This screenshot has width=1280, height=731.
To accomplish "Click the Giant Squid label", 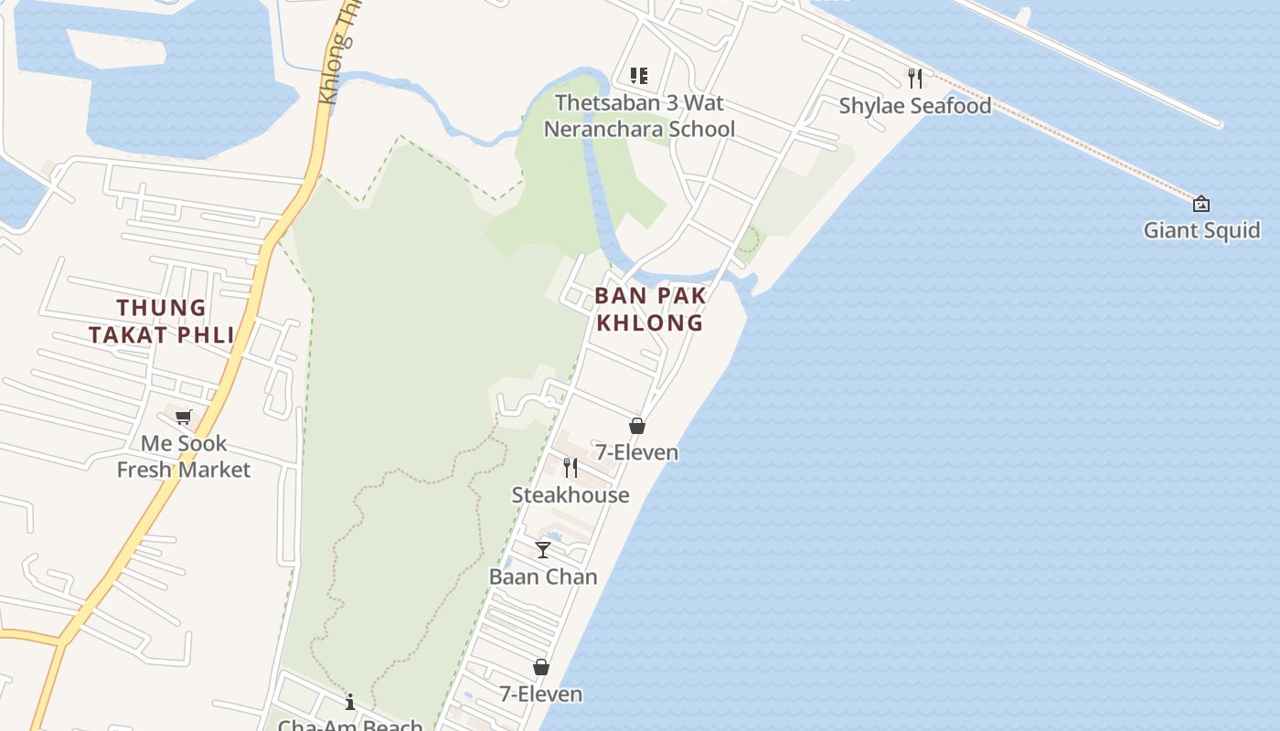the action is click(1201, 230).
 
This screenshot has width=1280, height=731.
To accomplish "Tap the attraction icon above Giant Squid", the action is click(1201, 204).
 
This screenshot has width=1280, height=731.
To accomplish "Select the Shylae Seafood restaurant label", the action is click(915, 106).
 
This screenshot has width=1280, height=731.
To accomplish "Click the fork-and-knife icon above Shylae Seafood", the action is click(915, 78).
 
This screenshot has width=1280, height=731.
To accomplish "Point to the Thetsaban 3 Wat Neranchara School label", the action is click(639, 116).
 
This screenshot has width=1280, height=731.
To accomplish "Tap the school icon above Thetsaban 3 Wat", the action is click(639, 76).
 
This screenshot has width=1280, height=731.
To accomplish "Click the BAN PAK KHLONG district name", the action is click(650, 309).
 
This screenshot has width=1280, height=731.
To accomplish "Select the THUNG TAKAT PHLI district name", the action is click(162, 322).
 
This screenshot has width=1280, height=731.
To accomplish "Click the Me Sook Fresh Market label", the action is click(184, 457).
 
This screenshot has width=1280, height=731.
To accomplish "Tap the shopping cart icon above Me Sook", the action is click(184, 418).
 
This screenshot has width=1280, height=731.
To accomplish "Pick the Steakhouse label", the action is click(571, 495).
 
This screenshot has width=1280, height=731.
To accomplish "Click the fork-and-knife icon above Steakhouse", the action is click(571, 468).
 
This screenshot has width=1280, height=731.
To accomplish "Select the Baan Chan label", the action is click(543, 577).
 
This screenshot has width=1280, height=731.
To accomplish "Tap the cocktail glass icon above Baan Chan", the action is click(543, 550).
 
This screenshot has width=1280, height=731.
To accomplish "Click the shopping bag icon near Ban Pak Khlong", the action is click(637, 426).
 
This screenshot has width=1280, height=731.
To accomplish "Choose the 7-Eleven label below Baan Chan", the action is click(541, 694).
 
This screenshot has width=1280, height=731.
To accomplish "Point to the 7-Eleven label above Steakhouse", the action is click(637, 452).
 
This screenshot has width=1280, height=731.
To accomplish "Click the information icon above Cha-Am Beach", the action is click(350, 702).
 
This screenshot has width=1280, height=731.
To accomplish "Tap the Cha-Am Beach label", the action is click(350, 725).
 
